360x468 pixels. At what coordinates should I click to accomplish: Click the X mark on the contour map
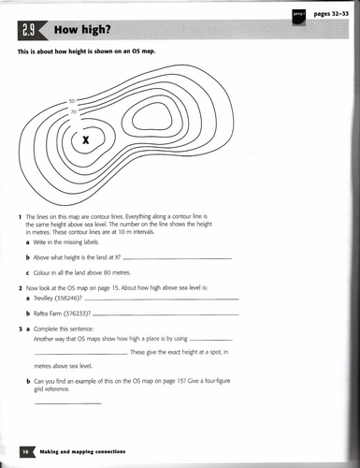pyautogui.click(x=87, y=140)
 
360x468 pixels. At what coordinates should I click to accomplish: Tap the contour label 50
pyautogui.click(x=72, y=101)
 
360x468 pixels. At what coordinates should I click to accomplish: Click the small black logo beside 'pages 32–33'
pyautogui.click(x=297, y=15)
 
